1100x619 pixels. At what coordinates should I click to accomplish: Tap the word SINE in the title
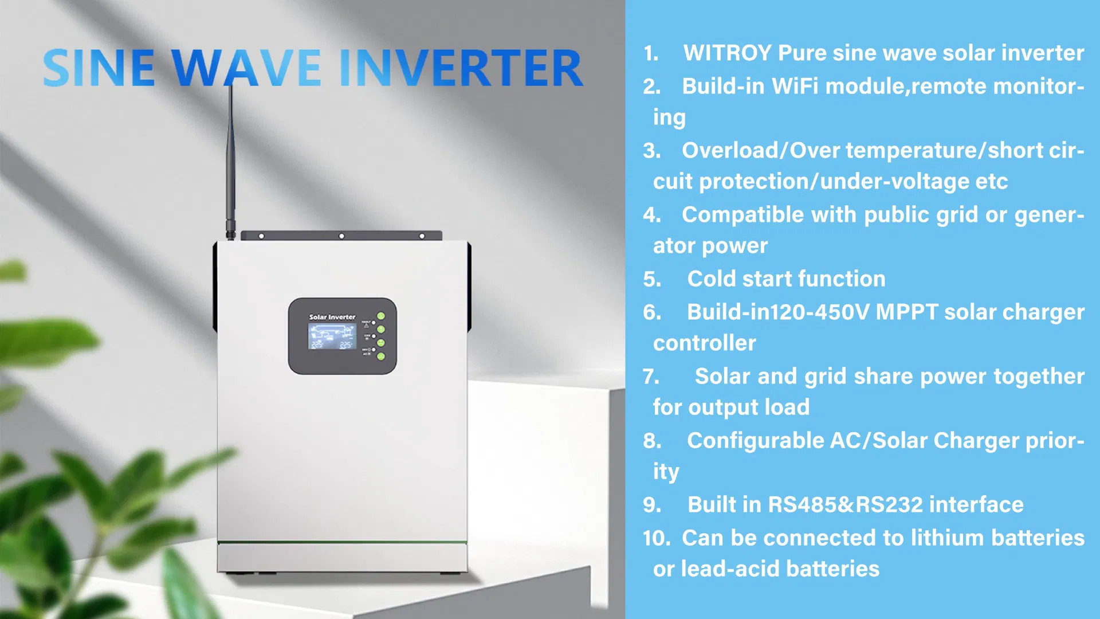tap(99, 69)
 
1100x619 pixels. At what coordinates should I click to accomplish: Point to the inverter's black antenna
tap(231, 160)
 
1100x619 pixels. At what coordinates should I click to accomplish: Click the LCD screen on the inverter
tap(332, 336)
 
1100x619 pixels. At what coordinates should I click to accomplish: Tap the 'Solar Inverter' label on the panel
tap(332, 317)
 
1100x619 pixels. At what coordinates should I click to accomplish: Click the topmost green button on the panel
tap(381, 316)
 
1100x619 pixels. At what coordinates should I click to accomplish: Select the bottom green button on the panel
tap(381, 356)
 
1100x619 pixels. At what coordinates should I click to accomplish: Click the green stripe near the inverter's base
tap(342, 542)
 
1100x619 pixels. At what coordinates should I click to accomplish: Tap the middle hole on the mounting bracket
tap(341, 236)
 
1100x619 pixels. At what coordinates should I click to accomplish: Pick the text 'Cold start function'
tap(786, 279)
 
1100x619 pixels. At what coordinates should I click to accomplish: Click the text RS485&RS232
tap(845, 505)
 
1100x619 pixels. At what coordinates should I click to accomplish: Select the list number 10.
tap(656, 538)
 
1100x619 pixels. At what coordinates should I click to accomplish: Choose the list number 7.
tap(651, 377)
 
